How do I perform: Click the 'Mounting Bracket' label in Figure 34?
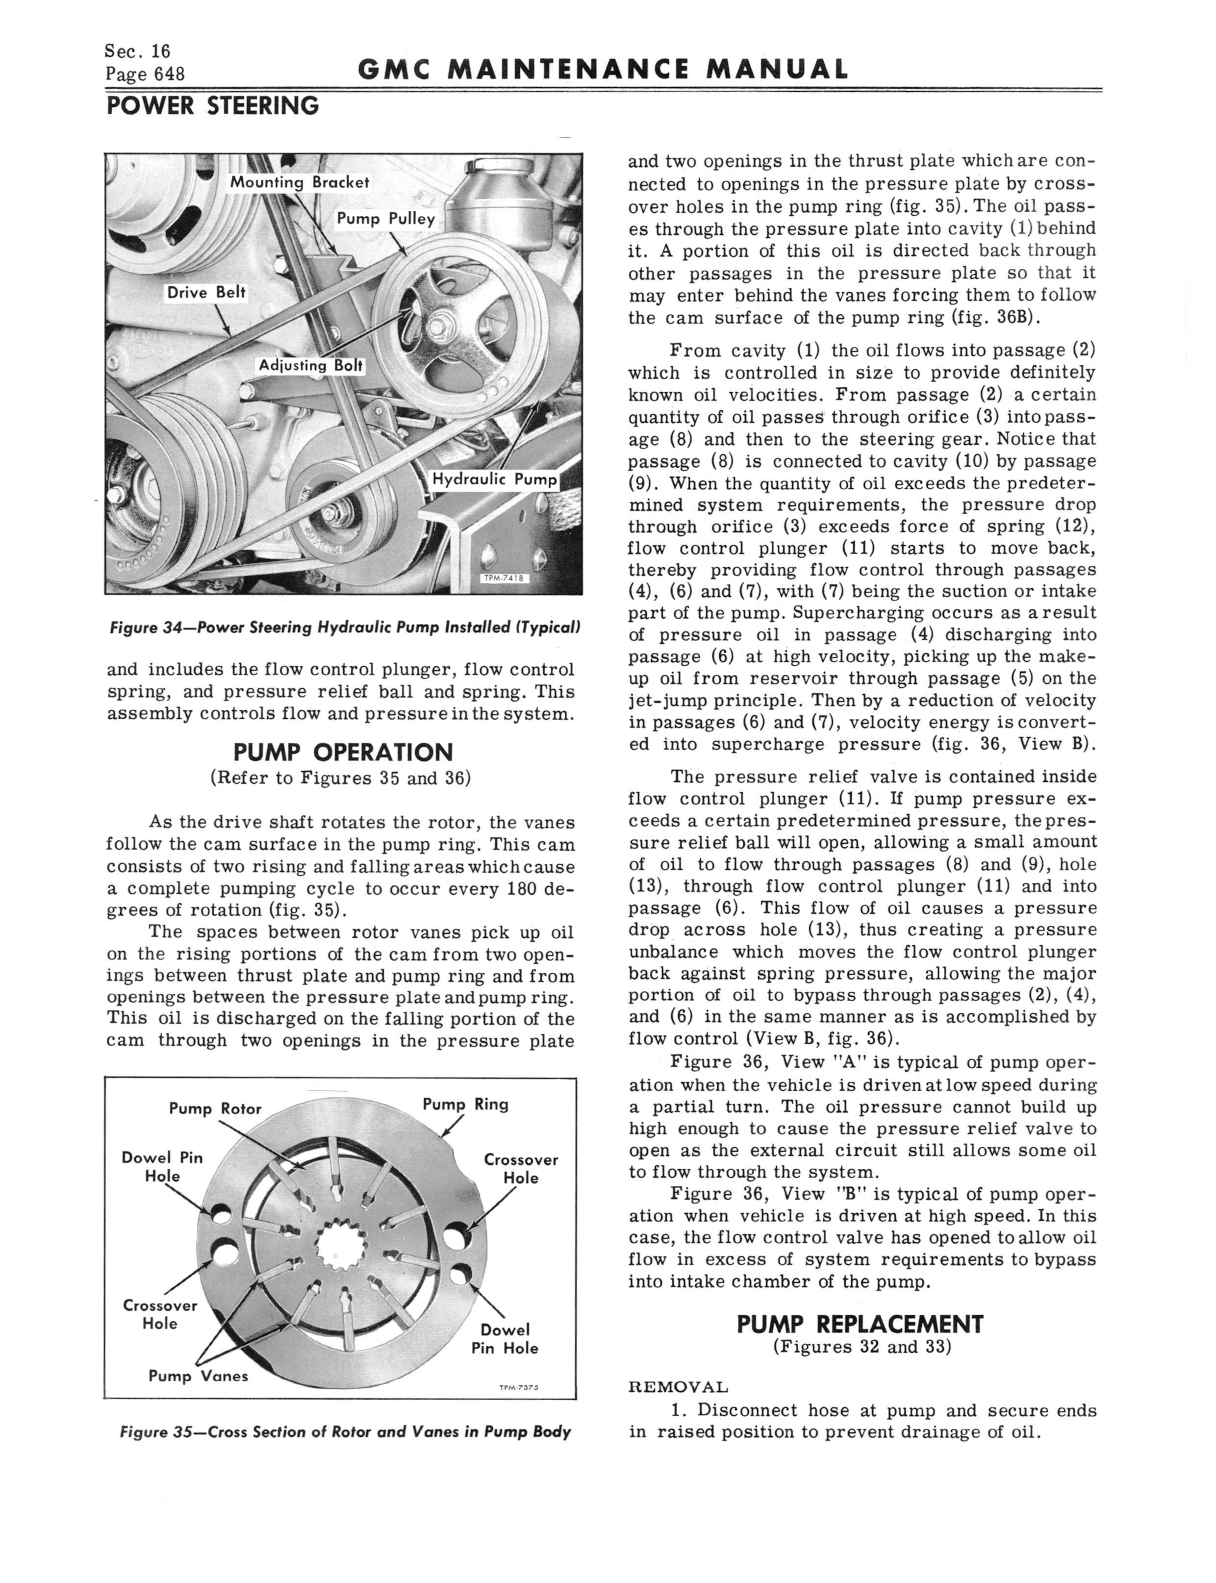click(x=299, y=182)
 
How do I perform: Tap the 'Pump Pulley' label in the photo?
click(x=386, y=219)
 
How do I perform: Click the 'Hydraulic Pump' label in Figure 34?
click(x=495, y=479)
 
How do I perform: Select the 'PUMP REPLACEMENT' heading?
click(x=860, y=1324)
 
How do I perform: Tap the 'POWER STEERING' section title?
click(x=212, y=106)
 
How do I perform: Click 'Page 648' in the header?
click(x=145, y=74)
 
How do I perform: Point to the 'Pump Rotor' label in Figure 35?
click(x=214, y=1108)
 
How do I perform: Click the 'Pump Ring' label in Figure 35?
click(x=465, y=1104)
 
